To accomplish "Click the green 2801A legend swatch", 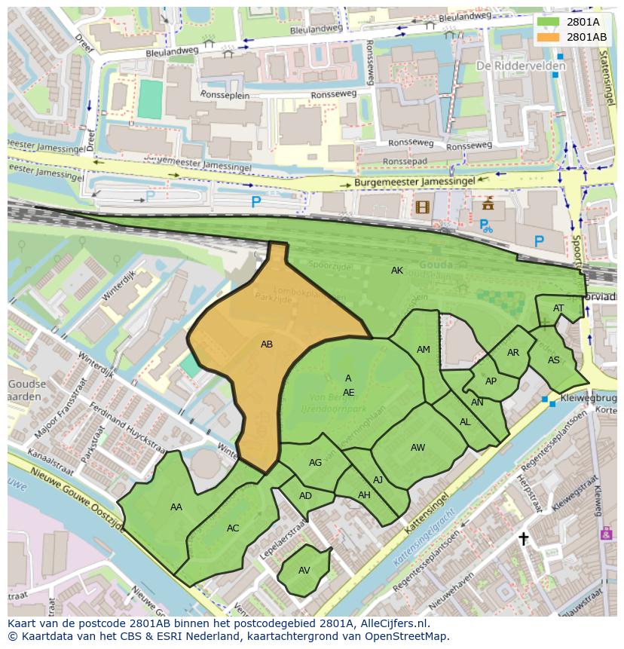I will click(x=547, y=22).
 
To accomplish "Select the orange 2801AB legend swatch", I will click(x=547, y=36).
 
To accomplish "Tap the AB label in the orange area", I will click(x=266, y=344).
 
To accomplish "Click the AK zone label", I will click(x=397, y=270).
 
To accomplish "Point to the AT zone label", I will click(x=558, y=308).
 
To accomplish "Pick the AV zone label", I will click(x=304, y=570).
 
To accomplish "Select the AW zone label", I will click(x=418, y=447).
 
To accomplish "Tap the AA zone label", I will click(x=176, y=507).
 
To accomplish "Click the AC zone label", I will click(x=233, y=528).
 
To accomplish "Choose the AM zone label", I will click(x=423, y=349).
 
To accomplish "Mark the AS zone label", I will click(x=554, y=360).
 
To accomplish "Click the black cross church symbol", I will click(x=523, y=538).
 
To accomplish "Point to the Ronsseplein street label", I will click(x=205, y=95).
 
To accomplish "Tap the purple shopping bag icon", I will click(x=607, y=533).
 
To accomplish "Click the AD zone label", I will click(x=305, y=495).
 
